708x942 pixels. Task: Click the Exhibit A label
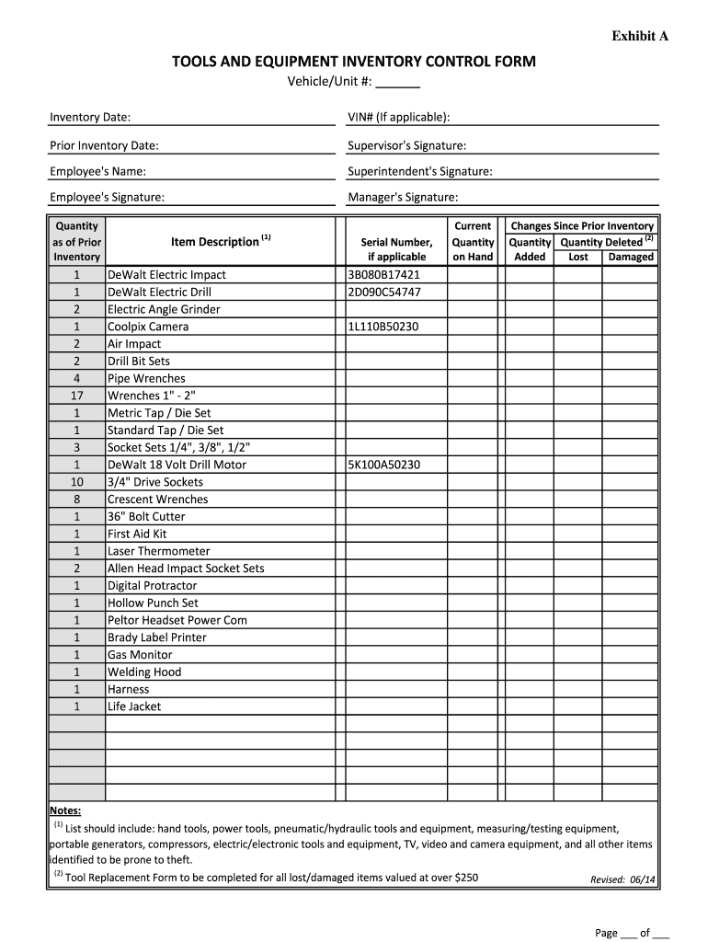[x=640, y=37]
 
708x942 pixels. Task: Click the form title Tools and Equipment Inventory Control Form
[x=353, y=63]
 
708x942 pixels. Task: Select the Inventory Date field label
[x=90, y=118]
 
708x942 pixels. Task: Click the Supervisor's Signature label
[x=406, y=145]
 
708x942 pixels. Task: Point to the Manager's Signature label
[x=403, y=197]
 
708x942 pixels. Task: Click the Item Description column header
[x=216, y=241]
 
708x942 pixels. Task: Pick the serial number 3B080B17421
[x=383, y=275]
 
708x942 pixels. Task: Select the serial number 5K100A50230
[x=383, y=465]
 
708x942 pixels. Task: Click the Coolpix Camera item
[x=148, y=327]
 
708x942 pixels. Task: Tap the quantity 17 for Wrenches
[x=77, y=396]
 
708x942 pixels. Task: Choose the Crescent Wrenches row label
[x=158, y=500]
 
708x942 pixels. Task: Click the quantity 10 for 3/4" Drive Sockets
[x=77, y=482]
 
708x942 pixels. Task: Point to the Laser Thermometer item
[x=159, y=551]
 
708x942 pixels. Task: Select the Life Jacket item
[x=134, y=706]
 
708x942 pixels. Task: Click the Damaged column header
[x=631, y=258]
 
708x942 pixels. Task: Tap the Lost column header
[x=578, y=258]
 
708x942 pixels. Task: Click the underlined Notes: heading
[x=65, y=810]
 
